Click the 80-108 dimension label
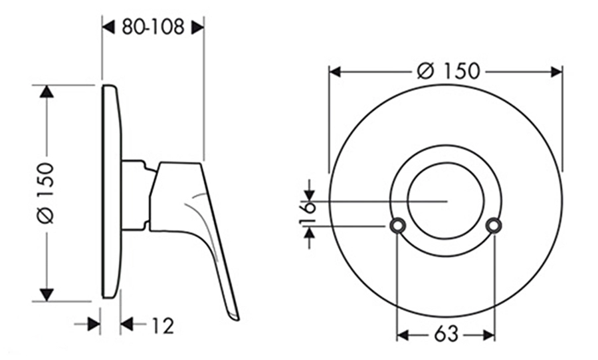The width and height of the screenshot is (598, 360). point(153,27)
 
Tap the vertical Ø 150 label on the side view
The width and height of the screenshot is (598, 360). point(45,193)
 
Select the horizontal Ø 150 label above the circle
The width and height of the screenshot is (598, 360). point(448,71)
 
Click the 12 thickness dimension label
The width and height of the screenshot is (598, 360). point(163,325)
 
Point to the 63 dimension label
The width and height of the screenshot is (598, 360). point(446,335)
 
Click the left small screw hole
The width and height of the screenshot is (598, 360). point(397,226)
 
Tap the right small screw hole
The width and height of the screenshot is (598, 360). point(494,226)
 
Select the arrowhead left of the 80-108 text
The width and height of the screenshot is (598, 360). point(109,27)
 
